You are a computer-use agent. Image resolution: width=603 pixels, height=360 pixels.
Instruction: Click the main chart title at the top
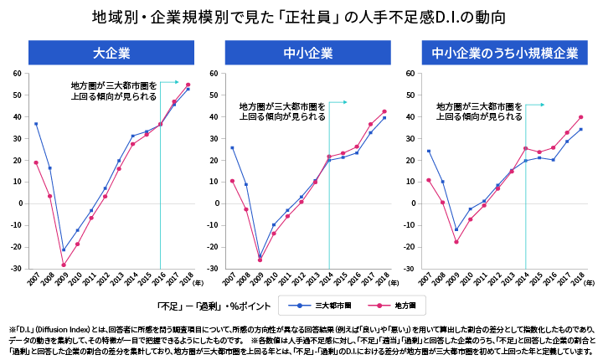click(301, 16)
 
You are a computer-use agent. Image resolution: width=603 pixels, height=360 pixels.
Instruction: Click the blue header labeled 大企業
click(111, 54)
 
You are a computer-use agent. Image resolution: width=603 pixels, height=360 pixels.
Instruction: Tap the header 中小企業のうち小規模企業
click(504, 54)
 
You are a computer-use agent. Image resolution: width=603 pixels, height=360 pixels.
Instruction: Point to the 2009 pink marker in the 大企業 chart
click(63, 265)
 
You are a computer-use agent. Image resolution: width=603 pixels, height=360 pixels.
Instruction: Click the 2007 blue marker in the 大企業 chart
click(36, 124)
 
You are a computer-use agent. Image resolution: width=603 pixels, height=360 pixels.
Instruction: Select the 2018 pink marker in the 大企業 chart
click(188, 85)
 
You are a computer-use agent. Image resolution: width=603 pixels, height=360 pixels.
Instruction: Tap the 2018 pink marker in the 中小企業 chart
click(384, 111)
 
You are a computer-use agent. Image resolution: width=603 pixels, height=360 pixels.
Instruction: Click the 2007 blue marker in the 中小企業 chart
click(232, 147)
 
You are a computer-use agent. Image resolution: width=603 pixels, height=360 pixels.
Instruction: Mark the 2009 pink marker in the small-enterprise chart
click(456, 242)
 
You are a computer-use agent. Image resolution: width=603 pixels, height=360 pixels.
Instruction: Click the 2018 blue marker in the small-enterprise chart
click(580, 129)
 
